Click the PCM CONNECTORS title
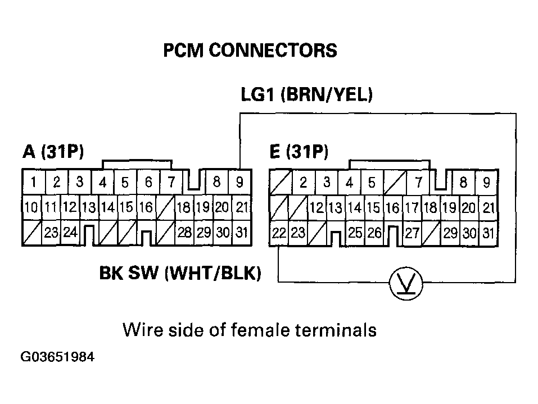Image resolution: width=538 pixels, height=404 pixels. tap(250, 51)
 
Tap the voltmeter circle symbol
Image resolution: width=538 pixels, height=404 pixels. tap(406, 284)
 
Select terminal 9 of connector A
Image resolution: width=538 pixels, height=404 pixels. tap(239, 182)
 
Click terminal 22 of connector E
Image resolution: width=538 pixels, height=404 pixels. tap(279, 233)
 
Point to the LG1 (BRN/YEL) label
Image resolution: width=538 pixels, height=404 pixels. tap(306, 95)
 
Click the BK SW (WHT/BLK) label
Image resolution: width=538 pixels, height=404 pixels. tap(180, 274)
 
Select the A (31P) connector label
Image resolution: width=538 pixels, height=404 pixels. tap(53, 151)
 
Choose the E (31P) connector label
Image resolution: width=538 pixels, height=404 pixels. tap(299, 151)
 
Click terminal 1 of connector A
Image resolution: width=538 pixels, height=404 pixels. tap(34, 182)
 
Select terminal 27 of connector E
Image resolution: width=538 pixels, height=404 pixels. tap(412, 233)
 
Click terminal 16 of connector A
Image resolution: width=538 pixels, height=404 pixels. tap(146, 207)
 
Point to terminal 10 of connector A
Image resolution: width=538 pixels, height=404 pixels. tap(31, 207)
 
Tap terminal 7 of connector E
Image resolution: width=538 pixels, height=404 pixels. tap(418, 182)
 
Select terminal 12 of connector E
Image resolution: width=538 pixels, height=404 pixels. tap(317, 207)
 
